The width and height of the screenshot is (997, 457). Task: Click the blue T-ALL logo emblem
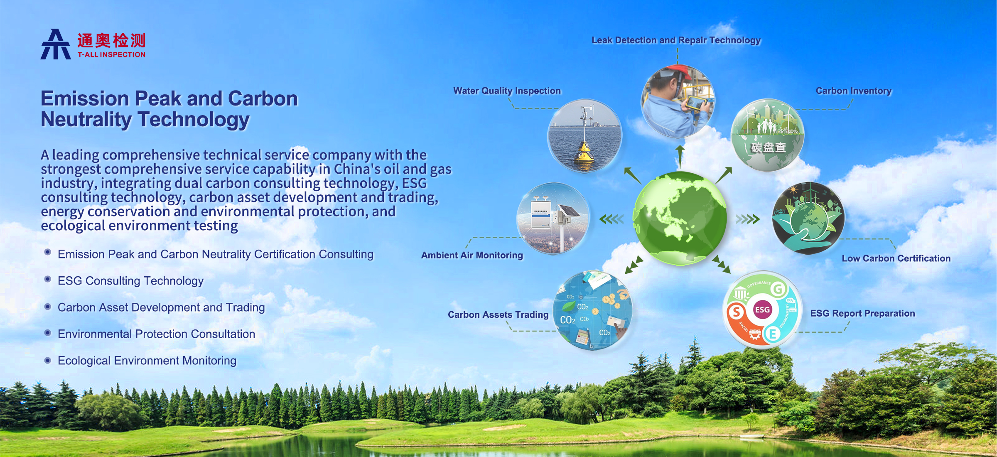(56, 44)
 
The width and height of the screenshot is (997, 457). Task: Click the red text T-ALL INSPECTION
(111, 54)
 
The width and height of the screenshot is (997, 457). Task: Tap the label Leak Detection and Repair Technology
(676, 40)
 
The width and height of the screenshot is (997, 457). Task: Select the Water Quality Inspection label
(507, 91)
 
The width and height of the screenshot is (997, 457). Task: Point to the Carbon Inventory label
(854, 91)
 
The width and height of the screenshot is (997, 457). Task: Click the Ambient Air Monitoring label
(472, 255)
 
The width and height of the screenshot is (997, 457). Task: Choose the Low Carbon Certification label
(896, 258)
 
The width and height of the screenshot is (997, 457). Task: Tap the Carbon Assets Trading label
(498, 314)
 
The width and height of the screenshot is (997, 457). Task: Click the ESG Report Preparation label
(862, 313)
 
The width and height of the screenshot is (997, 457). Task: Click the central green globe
(680, 218)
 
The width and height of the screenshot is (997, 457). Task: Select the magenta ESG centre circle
(762, 310)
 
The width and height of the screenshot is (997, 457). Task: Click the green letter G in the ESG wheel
(778, 289)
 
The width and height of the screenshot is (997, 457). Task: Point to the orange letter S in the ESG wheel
(736, 312)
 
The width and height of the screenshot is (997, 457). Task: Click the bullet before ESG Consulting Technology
(48, 279)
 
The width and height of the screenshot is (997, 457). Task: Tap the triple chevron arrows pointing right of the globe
(747, 219)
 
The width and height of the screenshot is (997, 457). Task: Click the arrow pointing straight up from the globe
(680, 157)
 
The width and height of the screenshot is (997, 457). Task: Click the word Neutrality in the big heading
(86, 120)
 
